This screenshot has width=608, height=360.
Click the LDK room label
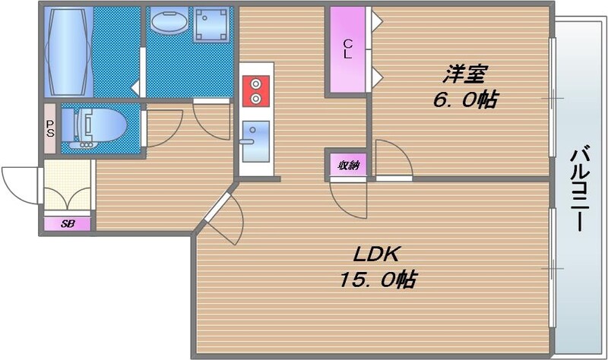coord(375,254)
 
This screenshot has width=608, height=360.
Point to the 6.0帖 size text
coord(466,99)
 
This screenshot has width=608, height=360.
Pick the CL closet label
coord(347,48)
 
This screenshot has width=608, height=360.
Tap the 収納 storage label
coord(347,163)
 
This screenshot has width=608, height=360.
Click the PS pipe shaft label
coord(50,126)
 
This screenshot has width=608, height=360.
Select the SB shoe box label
coord(67,223)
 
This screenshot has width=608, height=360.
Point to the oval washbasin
coord(167,26)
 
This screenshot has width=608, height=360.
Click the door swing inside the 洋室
coord(391,160)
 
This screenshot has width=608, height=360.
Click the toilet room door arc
coord(162,126)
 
